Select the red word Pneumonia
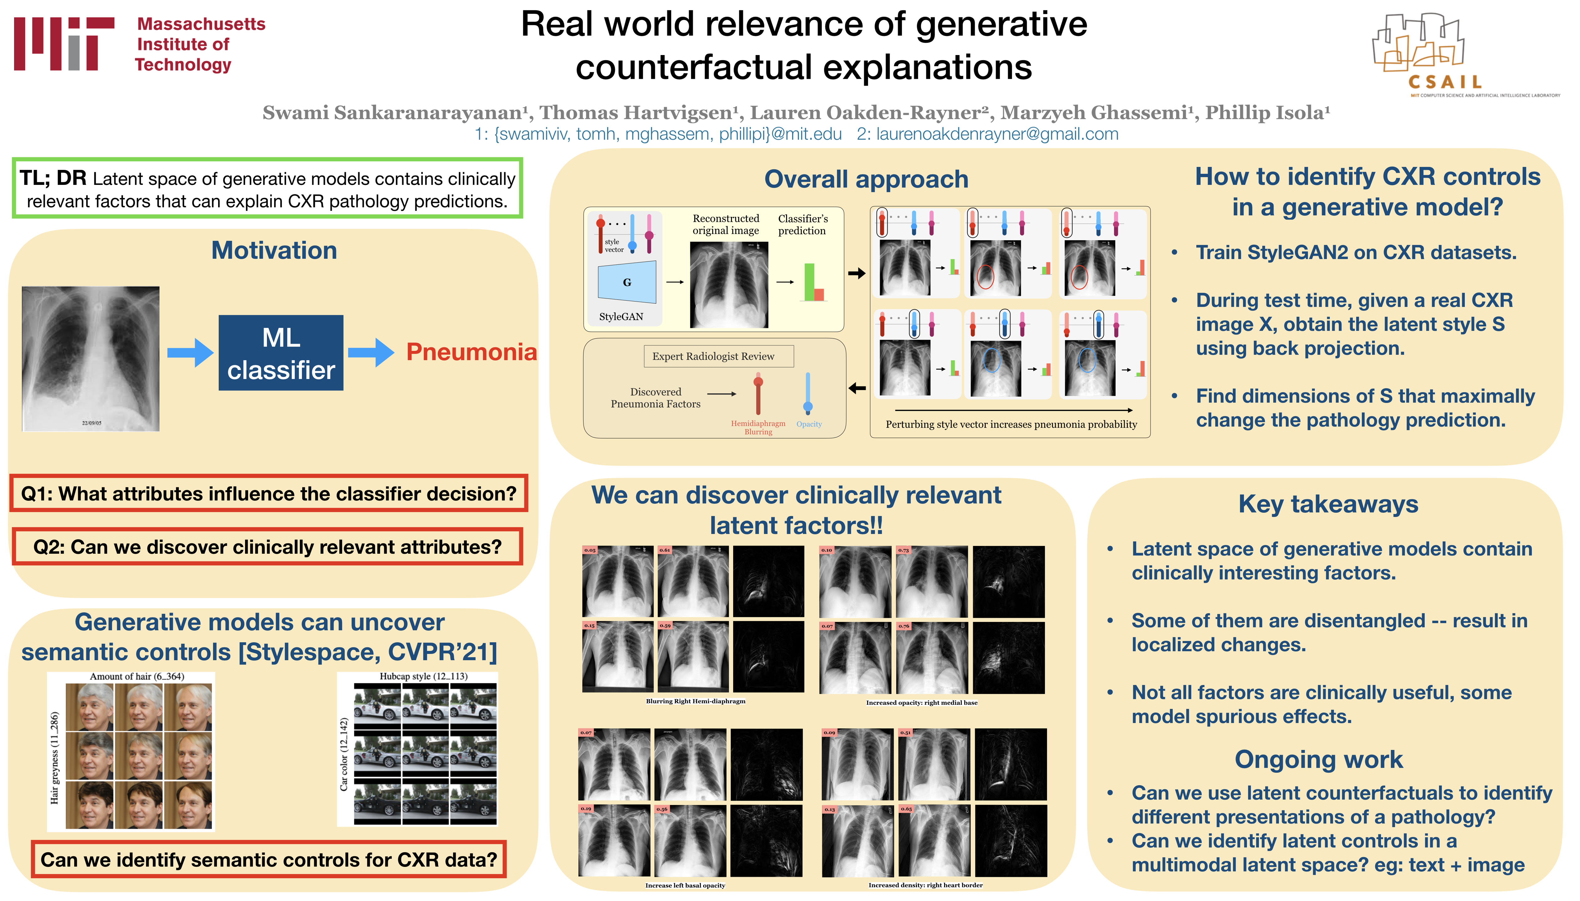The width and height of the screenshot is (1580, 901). [471, 352]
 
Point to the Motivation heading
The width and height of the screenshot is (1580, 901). [274, 251]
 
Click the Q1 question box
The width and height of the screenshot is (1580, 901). [268, 494]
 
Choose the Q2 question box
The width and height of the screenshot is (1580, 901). [267, 547]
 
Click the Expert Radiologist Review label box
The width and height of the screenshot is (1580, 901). [713, 356]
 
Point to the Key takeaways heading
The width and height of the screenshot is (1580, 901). [1328, 504]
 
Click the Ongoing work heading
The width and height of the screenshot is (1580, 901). [1318, 759]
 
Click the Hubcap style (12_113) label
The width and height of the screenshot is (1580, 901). [423, 676]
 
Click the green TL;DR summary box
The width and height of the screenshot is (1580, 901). [267, 189]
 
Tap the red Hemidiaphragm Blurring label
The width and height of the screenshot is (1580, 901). [758, 428]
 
